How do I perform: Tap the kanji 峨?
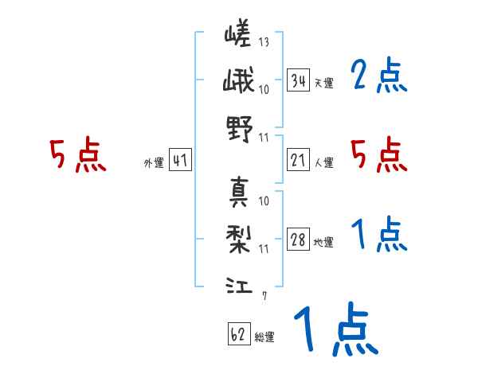pyautogui.click(x=238, y=82)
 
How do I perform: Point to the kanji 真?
pyautogui.click(x=238, y=192)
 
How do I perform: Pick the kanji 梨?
pyautogui.click(x=238, y=237)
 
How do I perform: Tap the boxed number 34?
pyautogui.click(x=298, y=80)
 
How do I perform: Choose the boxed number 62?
pyautogui.click(x=237, y=335)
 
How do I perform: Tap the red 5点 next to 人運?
pyautogui.click(x=378, y=154)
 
